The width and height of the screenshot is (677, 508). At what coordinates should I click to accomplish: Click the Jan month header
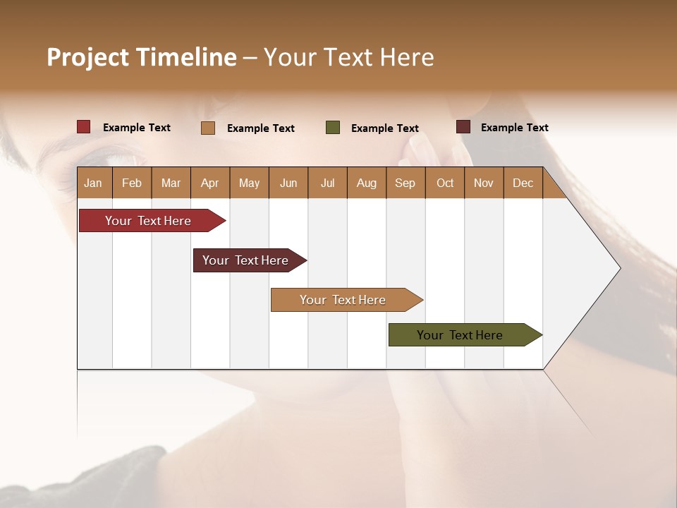click(93, 183)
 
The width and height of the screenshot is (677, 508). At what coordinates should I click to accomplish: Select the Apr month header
click(209, 183)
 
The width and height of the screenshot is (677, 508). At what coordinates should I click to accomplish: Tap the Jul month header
click(327, 183)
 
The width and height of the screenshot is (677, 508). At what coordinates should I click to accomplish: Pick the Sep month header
click(405, 183)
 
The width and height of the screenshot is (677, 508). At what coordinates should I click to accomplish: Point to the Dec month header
click(523, 183)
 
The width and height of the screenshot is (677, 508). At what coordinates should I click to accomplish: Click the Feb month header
click(132, 183)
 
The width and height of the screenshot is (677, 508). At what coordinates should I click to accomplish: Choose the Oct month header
click(445, 183)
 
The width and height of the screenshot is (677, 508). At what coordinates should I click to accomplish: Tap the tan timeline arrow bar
click(343, 300)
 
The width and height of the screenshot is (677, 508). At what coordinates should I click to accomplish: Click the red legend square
click(83, 127)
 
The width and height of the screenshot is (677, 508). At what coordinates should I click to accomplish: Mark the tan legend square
click(207, 128)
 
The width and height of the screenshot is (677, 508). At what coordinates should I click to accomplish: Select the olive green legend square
click(333, 128)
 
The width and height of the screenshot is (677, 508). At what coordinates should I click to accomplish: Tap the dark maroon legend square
click(463, 127)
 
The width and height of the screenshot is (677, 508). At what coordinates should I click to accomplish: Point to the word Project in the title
click(88, 57)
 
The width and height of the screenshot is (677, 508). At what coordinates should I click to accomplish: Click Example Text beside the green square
click(384, 128)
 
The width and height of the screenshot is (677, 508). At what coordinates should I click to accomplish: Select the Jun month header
click(288, 183)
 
